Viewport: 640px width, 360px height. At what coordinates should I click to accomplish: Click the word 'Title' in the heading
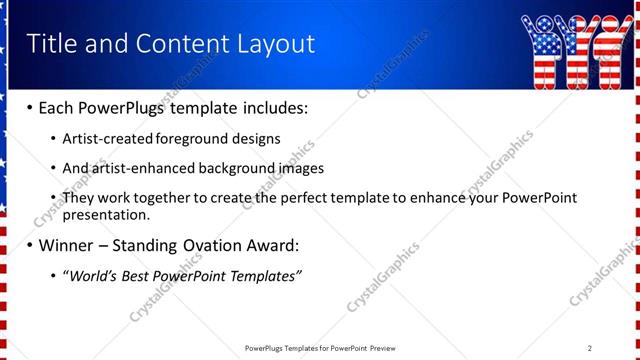49,43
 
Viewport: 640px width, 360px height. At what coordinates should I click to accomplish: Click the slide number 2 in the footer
590,348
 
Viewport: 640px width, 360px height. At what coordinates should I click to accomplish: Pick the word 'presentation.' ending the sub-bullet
106,214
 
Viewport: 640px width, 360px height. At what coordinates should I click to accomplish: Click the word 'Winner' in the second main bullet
66,245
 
